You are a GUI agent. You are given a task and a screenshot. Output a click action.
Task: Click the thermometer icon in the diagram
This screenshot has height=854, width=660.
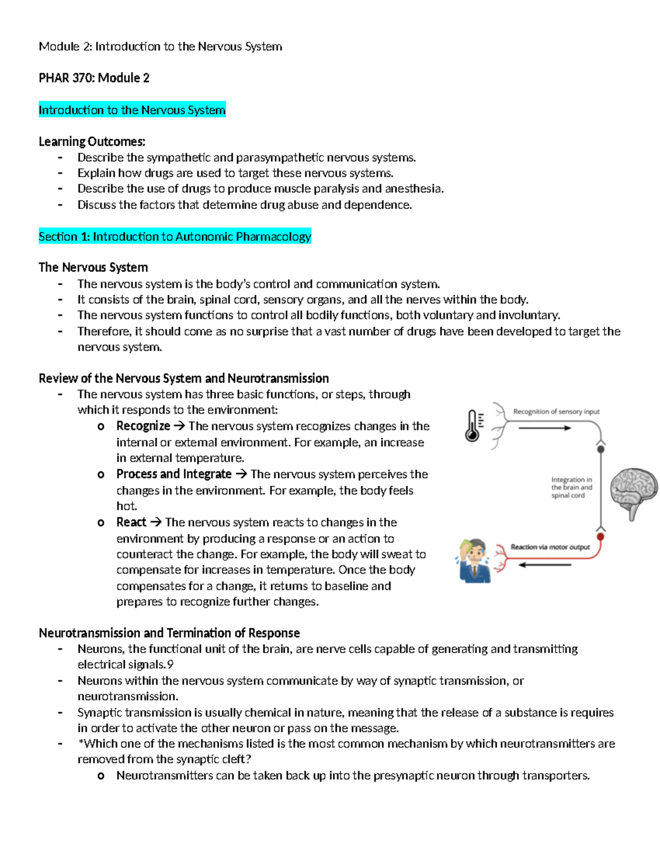pyautogui.click(x=472, y=426)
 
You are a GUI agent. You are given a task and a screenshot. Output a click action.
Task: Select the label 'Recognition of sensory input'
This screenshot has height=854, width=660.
pyautogui.click(x=556, y=411)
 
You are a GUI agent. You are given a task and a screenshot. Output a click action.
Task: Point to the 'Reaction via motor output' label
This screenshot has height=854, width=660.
pyautogui.click(x=550, y=547)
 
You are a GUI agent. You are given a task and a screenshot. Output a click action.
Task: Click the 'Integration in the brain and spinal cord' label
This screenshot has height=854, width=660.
pyautogui.click(x=571, y=487)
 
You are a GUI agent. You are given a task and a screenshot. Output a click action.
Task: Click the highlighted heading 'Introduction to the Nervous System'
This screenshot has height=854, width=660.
pyautogui.click(x=132, y=110)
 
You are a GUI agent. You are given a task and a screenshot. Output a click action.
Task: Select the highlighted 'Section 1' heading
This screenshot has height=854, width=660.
pyautogui.click(x=175, y=236)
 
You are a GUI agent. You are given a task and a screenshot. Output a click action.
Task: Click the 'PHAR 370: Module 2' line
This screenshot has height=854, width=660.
pyautogui.click(x=94, y=78)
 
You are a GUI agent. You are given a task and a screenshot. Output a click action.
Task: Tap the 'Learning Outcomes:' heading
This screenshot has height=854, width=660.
pyautogui.click(x=92, y=142)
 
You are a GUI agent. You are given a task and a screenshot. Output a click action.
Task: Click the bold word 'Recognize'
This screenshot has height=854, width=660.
pyautogui.click(x=143, y=426)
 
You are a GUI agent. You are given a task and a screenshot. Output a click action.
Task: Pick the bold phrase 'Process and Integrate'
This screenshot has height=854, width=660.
pyautogui.click(x=174, y=474)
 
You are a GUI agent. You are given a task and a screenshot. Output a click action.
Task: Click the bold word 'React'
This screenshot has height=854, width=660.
pyautogui.click(x=131, y=522)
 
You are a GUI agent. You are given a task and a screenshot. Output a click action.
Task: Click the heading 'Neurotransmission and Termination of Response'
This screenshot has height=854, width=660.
pyautogui.click(x=169, y=633)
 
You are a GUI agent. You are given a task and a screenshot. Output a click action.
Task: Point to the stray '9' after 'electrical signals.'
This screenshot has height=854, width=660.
pyautogui.click(x=170, y=665)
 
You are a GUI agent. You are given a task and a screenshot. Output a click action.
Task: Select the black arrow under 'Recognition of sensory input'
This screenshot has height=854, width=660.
pyautogui.click(x=544, y=428)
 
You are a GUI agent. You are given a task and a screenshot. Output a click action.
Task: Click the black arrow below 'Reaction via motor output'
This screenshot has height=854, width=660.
pyautogui.click(x=544, y=565)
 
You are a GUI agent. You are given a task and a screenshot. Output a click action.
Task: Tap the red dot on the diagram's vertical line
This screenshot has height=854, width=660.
pyautogui.click(x=601, y=536)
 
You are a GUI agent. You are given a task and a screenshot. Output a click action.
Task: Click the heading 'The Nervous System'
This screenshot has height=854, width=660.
pyautogui.click(x=94, y=267)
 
